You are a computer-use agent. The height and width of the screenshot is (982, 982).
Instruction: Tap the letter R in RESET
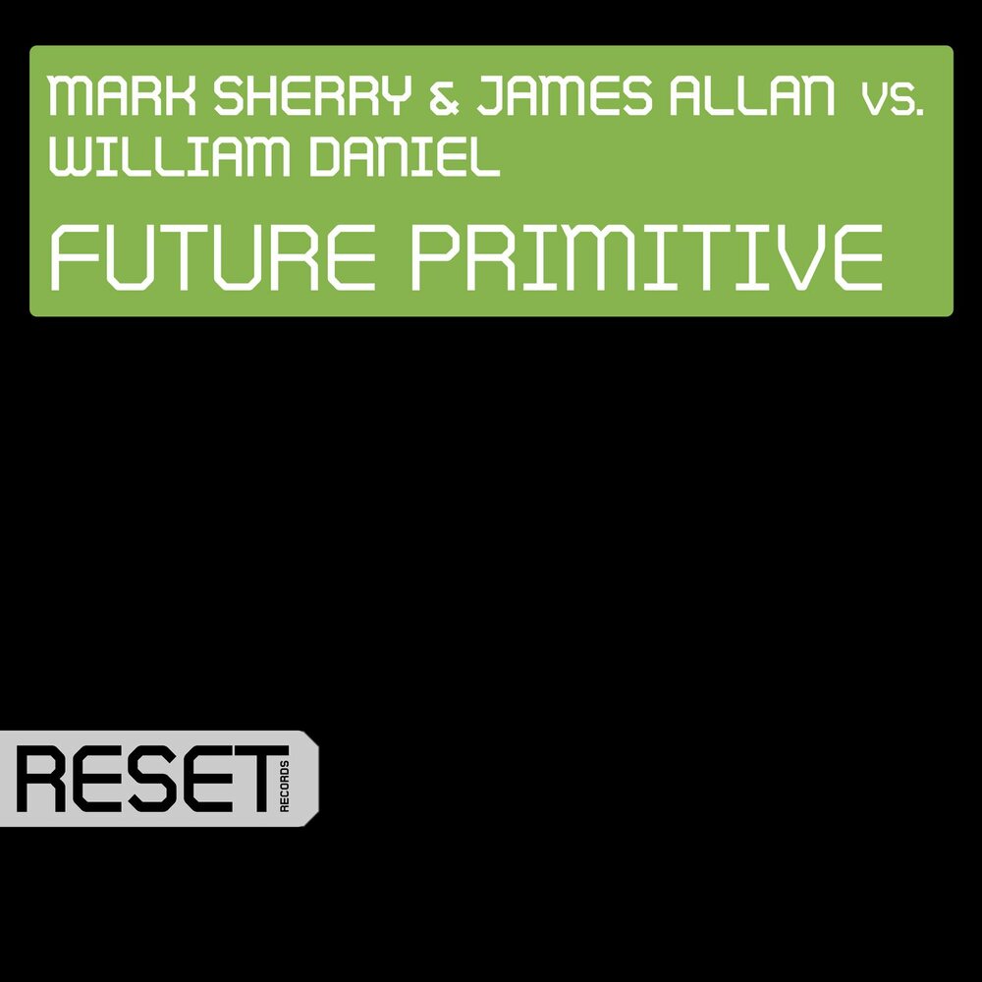tap(43, 780)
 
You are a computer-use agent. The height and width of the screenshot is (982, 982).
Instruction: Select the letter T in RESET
tap(246, 780)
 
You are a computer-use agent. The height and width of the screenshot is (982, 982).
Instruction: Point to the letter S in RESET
tap(144, 780)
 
